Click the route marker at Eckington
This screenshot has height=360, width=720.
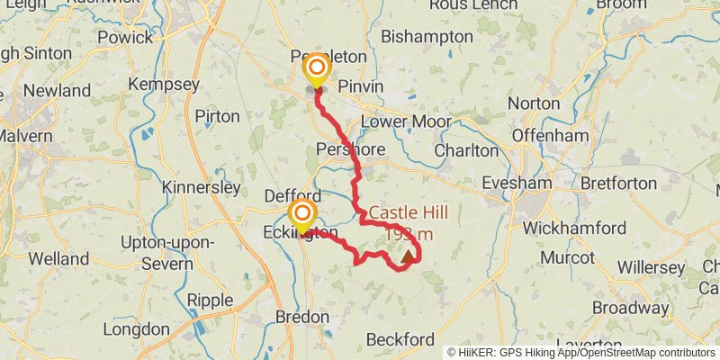[302, 214]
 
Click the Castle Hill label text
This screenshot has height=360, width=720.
[409, 213]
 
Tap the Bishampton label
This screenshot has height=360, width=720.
[427, 37]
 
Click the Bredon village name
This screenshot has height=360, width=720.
[303, 318]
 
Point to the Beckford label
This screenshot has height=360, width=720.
[401, 339]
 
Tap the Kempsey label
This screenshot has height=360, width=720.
[164, 84]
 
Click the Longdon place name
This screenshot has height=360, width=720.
[136, 328]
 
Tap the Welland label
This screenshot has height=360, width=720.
[58, 259]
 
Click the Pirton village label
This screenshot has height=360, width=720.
[217, 116]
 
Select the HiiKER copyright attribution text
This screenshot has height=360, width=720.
[581, 352]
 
